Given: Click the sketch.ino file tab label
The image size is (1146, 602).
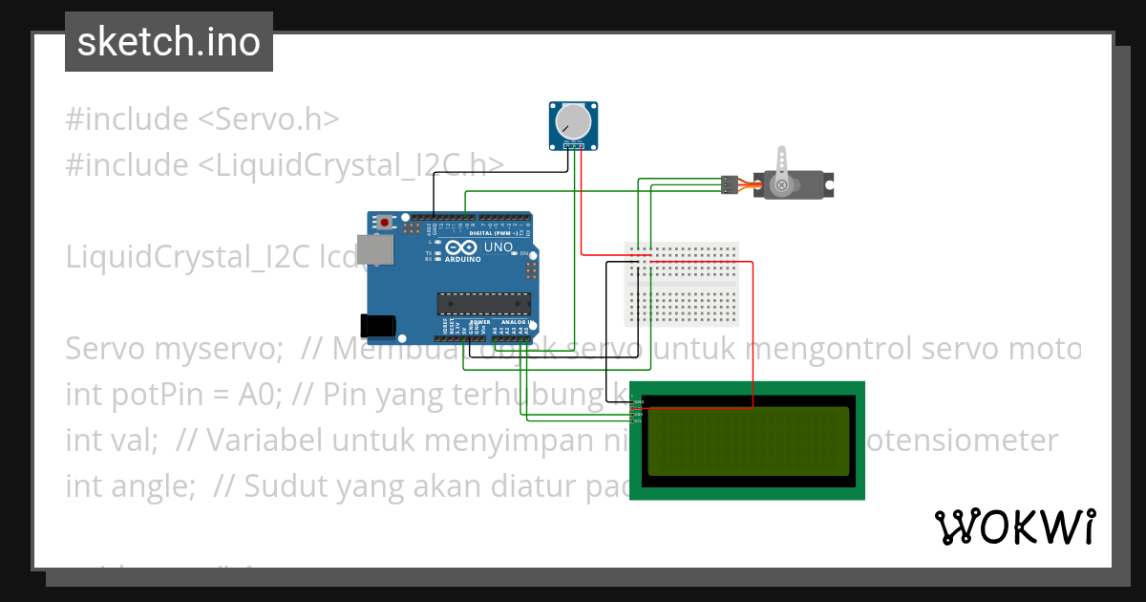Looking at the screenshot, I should tap(168, 42).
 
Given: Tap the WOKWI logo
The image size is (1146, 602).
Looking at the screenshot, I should tap(1014, 527).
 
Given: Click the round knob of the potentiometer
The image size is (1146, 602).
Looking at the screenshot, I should tap(573, 121).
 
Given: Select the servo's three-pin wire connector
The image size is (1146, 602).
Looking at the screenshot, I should tap(729, 184).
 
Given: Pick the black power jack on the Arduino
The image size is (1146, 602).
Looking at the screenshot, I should tap(376, 325).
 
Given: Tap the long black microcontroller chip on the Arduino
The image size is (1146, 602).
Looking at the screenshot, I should tap(483, 304).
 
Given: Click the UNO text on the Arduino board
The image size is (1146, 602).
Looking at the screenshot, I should tap(499, 247).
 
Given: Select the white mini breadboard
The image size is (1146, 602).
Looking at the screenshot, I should tap(681, 284).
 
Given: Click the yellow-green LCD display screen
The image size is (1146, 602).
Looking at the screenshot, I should tap(748, 441).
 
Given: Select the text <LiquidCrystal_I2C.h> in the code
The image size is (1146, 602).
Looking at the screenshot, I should tap(350, 165).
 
